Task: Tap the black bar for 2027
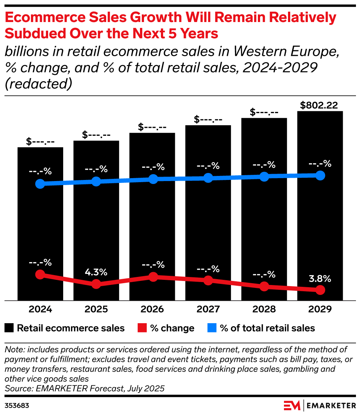[208, 220]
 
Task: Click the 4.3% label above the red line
[96, 273]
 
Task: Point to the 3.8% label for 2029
[320, 278]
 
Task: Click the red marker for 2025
[96, 284]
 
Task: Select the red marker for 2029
[320, 290]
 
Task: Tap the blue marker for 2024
[40, 184]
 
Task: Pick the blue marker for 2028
[264, 177]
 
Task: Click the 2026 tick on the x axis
[152, 309]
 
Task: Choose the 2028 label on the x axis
[264, 309]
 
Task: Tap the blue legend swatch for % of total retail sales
[212, 328]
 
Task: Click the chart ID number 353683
[17, 406]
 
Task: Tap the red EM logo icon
[292, 405]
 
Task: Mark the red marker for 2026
[153, 277]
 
